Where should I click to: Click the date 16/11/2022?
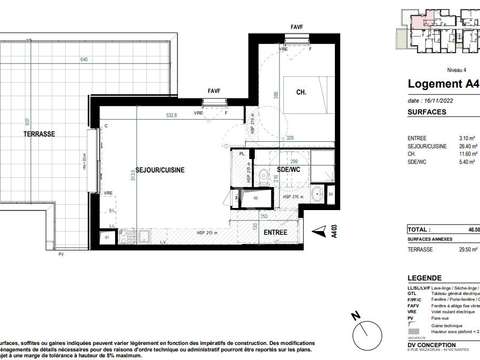tap(431, 102)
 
